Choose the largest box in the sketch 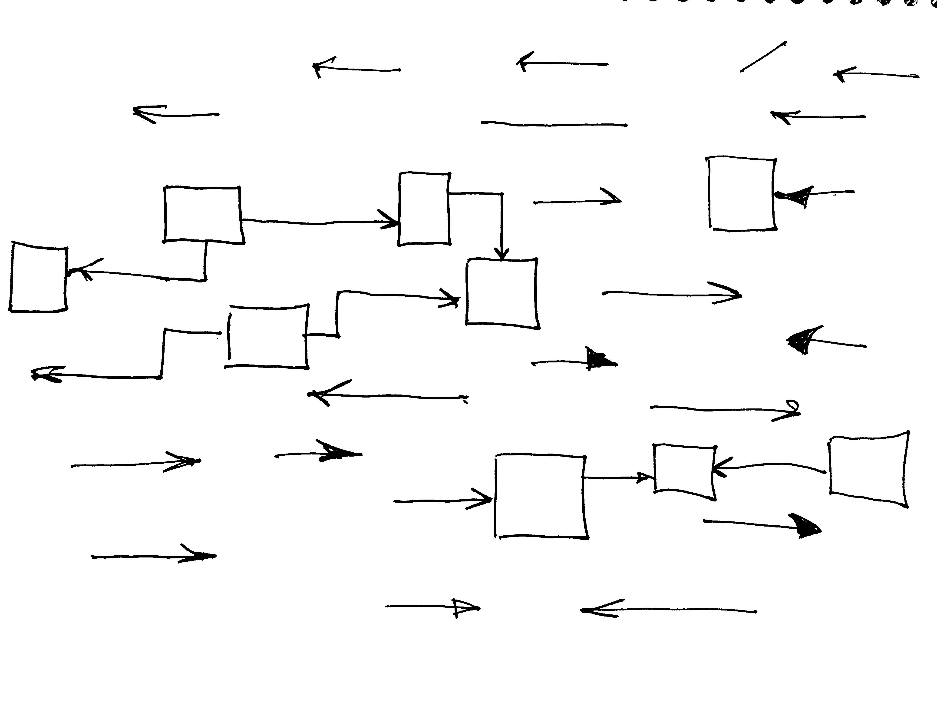(x=541, y=497)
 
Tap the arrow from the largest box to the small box (x=618, y=478)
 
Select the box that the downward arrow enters (x=502, y=293)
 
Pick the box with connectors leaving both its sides (x=268, y=336)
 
